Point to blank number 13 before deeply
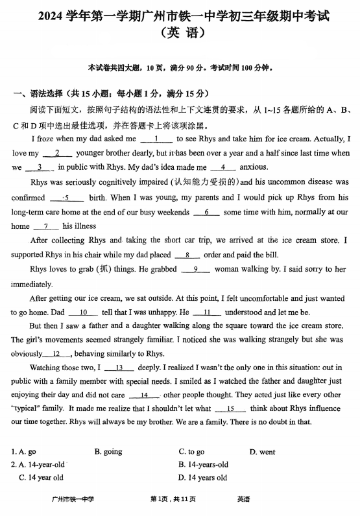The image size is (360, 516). point(119,368)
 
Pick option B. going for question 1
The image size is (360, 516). point(108,452)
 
